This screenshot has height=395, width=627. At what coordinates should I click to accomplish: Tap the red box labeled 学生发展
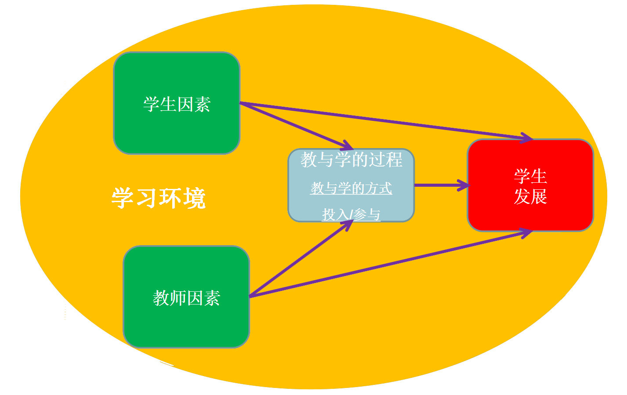(530, 211)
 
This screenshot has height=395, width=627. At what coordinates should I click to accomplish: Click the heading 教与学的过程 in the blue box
(351, 159)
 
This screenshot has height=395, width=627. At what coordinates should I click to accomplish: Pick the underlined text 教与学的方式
(351, 188)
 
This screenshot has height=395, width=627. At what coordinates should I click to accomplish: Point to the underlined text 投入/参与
(351, 214)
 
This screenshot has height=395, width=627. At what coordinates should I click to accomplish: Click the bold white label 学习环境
(158, 198)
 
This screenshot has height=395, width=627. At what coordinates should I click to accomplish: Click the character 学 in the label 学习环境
(123, 198)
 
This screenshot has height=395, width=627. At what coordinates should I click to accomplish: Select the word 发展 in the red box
(530, 196)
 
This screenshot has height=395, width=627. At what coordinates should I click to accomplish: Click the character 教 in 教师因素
(161, 298)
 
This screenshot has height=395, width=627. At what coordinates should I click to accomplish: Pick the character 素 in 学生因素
(202, 105)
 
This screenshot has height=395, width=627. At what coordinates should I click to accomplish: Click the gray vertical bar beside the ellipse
(604, 198)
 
